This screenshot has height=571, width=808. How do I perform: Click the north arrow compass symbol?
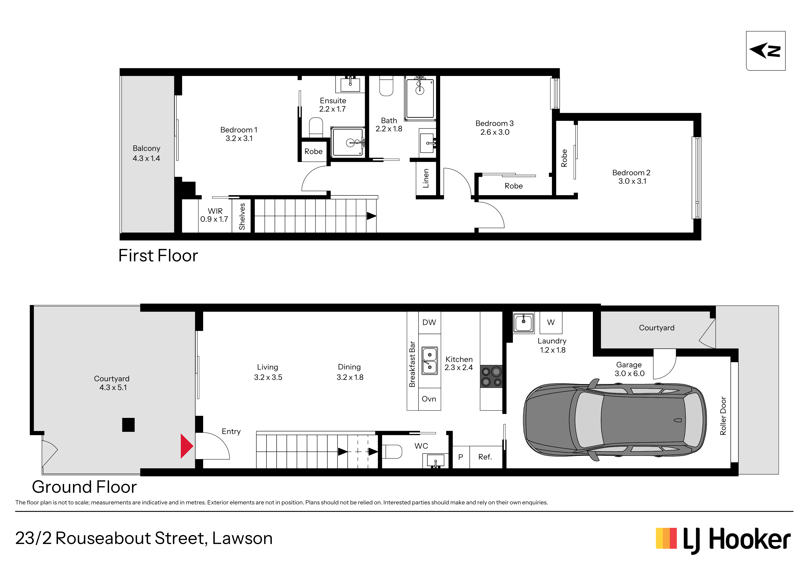point(765,51)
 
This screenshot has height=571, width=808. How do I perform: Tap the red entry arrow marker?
point(187,446)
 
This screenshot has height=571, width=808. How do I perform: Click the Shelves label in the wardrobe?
point(242,216)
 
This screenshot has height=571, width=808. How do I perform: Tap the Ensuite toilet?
point(316,127)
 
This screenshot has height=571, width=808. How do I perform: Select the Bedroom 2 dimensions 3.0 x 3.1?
point(632,181)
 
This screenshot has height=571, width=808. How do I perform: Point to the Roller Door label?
point(723,416)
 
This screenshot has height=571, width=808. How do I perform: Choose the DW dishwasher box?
point(429,323)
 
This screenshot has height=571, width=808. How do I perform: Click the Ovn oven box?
point(429,399)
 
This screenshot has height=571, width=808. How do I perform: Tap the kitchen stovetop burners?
point(491,376)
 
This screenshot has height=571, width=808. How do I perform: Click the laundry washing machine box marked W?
point(551,322)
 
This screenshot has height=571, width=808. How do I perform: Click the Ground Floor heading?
point(85,487)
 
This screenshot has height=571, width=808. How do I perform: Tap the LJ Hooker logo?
point(723,540)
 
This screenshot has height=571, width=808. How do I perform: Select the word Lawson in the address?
point(243,538)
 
